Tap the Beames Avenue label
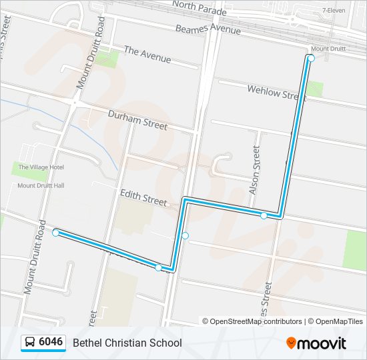tap(208, 30)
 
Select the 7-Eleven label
tap(334, 11)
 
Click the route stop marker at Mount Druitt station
tap(311, 59)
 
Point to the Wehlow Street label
tap(276, 93)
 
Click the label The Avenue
tap(147, 55)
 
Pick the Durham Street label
tap(137, 120)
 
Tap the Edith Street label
tap(143, 197)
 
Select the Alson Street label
tap(254, 170)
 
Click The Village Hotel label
tap(41, 167)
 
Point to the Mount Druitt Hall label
tap(41, 185)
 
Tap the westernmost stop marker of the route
tap(56, 233)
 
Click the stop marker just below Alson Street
tap(264, 215)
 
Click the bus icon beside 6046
tap(30, 343)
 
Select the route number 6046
tap(51, 343)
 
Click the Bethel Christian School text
tap(127, 343)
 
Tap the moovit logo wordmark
tap(322, 343)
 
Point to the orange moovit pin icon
tap(291, 343)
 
